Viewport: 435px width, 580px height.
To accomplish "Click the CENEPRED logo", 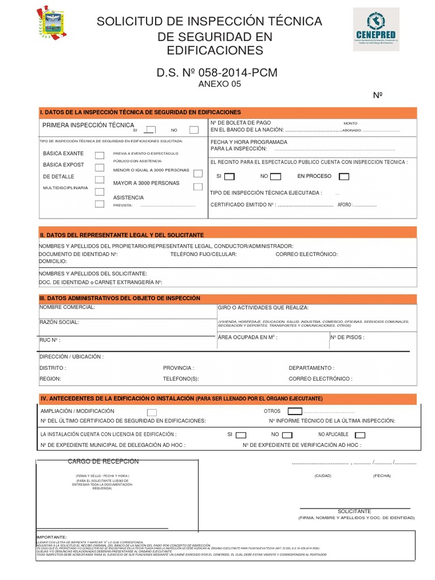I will point(376,29).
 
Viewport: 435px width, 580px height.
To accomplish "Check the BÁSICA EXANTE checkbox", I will point(99,155).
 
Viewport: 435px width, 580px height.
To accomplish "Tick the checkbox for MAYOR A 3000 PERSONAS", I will point(198,186).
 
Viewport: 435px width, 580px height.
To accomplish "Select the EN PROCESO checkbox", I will point(343,177).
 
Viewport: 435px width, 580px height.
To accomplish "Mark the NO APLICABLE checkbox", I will point(360,435).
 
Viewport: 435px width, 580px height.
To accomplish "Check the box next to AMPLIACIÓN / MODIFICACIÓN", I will point(152,412).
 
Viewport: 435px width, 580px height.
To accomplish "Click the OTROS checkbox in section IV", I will point(295,411).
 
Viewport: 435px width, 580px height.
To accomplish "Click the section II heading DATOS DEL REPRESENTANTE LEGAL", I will point(122,234).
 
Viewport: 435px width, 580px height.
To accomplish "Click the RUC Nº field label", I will point(50,340).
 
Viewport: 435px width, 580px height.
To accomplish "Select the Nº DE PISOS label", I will point(347,337).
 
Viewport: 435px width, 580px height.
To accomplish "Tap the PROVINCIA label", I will point(178,368).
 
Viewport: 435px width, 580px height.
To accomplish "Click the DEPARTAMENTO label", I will point(311,368).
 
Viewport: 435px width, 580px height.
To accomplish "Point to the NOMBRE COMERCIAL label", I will point(67,307).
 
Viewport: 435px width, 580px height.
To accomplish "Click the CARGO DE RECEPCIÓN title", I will point(103,462).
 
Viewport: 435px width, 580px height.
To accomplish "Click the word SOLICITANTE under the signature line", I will point(354,511).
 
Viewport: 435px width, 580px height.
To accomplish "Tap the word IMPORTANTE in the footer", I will point(52,536).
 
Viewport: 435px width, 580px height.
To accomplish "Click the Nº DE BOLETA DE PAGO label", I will point(240,123).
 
